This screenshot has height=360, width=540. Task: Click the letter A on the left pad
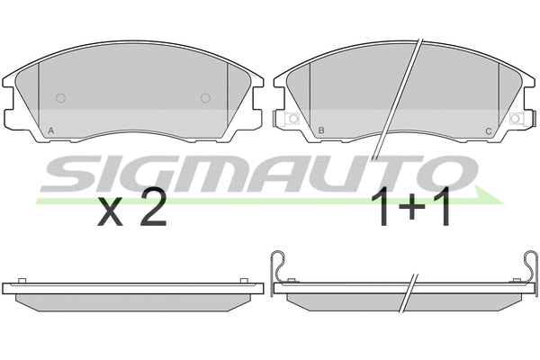tap(50, 130)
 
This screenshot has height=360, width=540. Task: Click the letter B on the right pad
tap(321, 130)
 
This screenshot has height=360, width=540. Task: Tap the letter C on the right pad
tap(489, 131)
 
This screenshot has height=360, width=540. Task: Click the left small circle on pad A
tap(60, 98)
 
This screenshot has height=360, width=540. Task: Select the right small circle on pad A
tap(205, 98)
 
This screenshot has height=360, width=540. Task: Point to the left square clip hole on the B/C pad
tap(293, 119)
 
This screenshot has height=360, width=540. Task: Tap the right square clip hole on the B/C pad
tap(515, 119)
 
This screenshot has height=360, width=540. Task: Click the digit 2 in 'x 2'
tap(153, 207)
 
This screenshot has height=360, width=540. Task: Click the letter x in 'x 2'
tap(110, 212)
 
